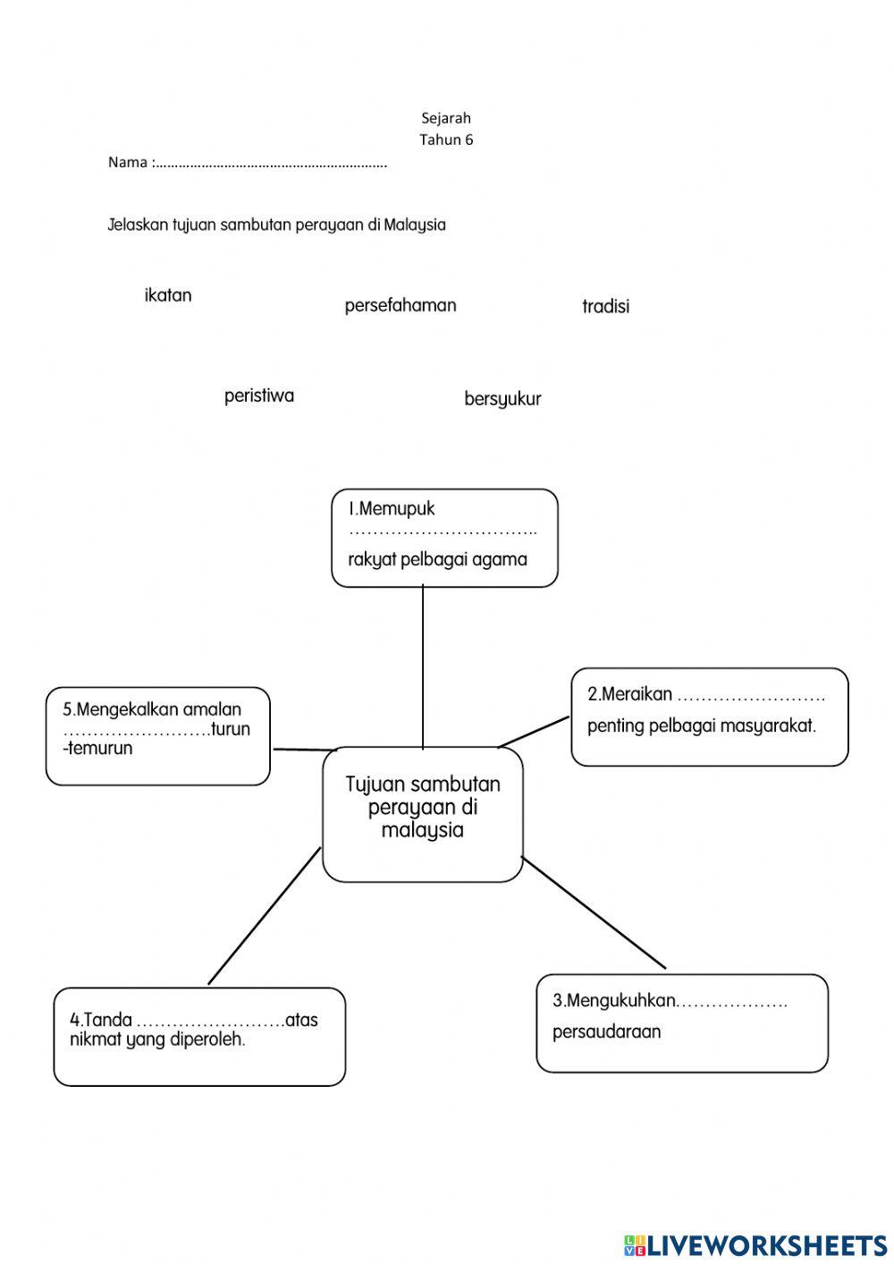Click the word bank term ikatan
[x=168, y=295]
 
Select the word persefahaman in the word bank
[x=401, y=305]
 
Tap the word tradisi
[x=605, y=306]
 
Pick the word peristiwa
[x=259, y=395]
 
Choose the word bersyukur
[x=502, y=399]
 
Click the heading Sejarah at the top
[x=446, y=118]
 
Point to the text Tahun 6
[x=446, y=140]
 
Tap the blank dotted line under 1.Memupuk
[x=443, y=533]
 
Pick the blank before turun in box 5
[x=136, y=731]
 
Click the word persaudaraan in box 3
[x=606, y=1031]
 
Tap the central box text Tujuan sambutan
[x=423, y=785]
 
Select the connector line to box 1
[x=423, y=666]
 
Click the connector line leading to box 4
[x=265, y=915]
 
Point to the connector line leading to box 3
[x=594, y=912]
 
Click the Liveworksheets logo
[x=755, y=1244]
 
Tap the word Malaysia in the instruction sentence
[x=415, y=225]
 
